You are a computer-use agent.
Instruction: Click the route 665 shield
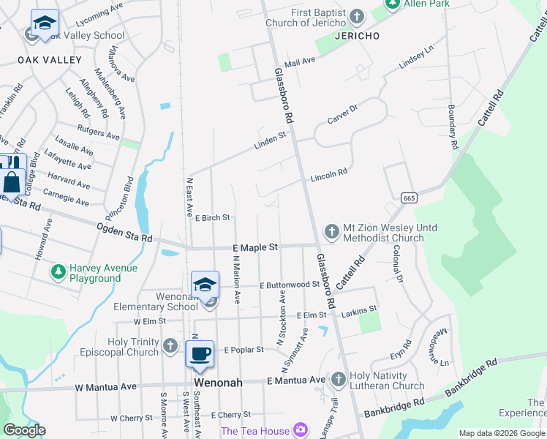(x=409, y=198)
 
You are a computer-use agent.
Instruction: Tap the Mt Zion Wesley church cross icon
(x=331, y=232)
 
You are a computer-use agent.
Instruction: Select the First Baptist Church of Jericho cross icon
(x=356, y=16)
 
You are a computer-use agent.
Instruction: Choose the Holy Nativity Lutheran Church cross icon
(x=338, y=380)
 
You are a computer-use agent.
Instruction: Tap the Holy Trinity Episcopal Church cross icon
(x=170, y=345)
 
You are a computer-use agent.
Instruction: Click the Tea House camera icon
(x=300, y=430)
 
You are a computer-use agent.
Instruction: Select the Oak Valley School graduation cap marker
(x=45, y=23)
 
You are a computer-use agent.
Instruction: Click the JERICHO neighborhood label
(x=356, y=36)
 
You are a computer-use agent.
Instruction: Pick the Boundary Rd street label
(x=453, y=128)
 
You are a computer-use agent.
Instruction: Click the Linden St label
(x=270, y=137)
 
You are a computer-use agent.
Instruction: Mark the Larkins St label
(x=358, y=309)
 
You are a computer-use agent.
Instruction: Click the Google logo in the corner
(x=24, y=430)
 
